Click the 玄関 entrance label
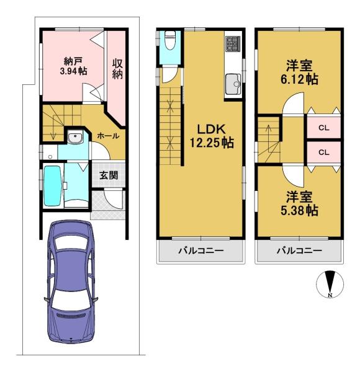109,175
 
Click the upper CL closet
323,128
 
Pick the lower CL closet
323,152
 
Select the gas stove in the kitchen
233,44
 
